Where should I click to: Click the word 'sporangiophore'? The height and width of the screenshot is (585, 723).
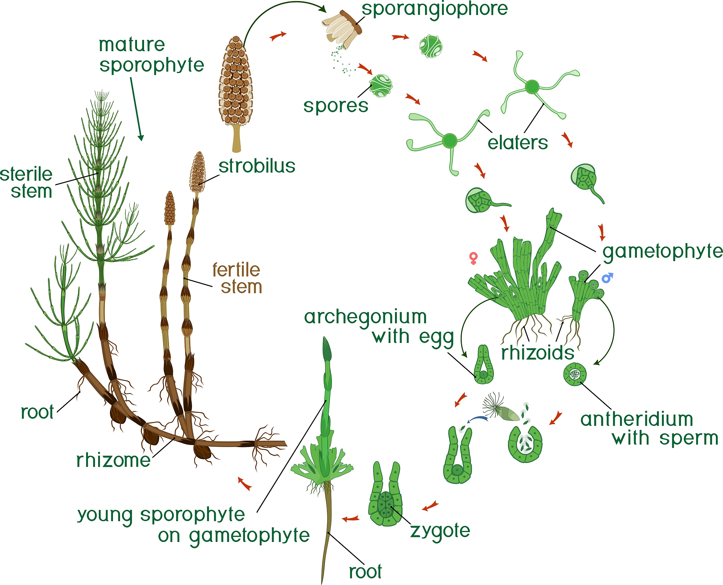click(x=434, y=9)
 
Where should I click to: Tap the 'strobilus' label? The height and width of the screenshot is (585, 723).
click(x=257, y=166)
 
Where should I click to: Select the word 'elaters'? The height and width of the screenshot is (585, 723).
click(x=518, y=143)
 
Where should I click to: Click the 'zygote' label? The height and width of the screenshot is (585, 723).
click(x=440, y=531)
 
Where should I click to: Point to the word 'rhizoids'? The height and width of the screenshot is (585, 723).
click(x=537, y=353)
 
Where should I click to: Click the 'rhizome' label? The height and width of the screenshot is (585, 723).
click(x=113, y=460)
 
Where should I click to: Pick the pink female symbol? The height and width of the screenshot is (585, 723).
click(x=473, y=258)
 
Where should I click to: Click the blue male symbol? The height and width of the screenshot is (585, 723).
click(x=607, y=278)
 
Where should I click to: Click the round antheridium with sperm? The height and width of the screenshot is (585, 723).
click(x=575, y=374)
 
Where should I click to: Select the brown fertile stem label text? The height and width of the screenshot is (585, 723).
click(x=237, y=278)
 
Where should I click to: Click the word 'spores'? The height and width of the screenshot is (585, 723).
click(x=335, y=105)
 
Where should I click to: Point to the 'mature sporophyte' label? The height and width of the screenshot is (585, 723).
click(x=151, y=55)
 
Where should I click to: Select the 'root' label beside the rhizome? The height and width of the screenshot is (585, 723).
click(x=37, y=412)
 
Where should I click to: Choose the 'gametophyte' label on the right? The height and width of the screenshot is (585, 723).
click(x=662, y=252)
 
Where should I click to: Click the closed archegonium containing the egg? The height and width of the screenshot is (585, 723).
click(x=483, y=366)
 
